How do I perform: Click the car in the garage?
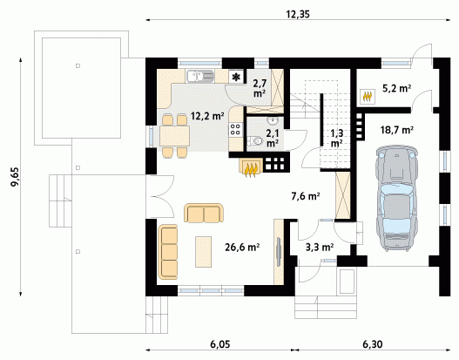(x=396, y=199)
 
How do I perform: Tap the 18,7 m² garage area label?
(x=396, y=130)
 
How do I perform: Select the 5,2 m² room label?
(x=396, y=88)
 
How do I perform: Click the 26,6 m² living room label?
(x=242, y=248)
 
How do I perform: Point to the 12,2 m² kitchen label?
(x=207, y=116)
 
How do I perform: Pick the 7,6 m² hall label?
(x=306, y=196)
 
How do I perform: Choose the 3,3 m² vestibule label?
(x=320, y=248)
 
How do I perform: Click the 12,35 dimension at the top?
(x=298, y=14)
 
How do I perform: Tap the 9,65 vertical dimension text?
(x=14, y=177)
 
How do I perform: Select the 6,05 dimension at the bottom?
(x=220, y=344)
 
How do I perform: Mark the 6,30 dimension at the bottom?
(x=373, y=344)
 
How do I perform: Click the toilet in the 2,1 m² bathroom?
(x=254, y=141)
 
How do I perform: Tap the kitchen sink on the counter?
(x=200, y=76)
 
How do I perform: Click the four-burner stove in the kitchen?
(x=236, y=130)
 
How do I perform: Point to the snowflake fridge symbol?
(x=236, y=77)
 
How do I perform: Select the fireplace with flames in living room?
(x=252, y=167)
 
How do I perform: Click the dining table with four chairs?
(x=174, y=136)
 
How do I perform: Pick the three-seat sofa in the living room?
(x=168, y=252)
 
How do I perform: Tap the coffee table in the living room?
(x=204, y=252)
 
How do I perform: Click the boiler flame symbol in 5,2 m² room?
(x=368, y=96)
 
